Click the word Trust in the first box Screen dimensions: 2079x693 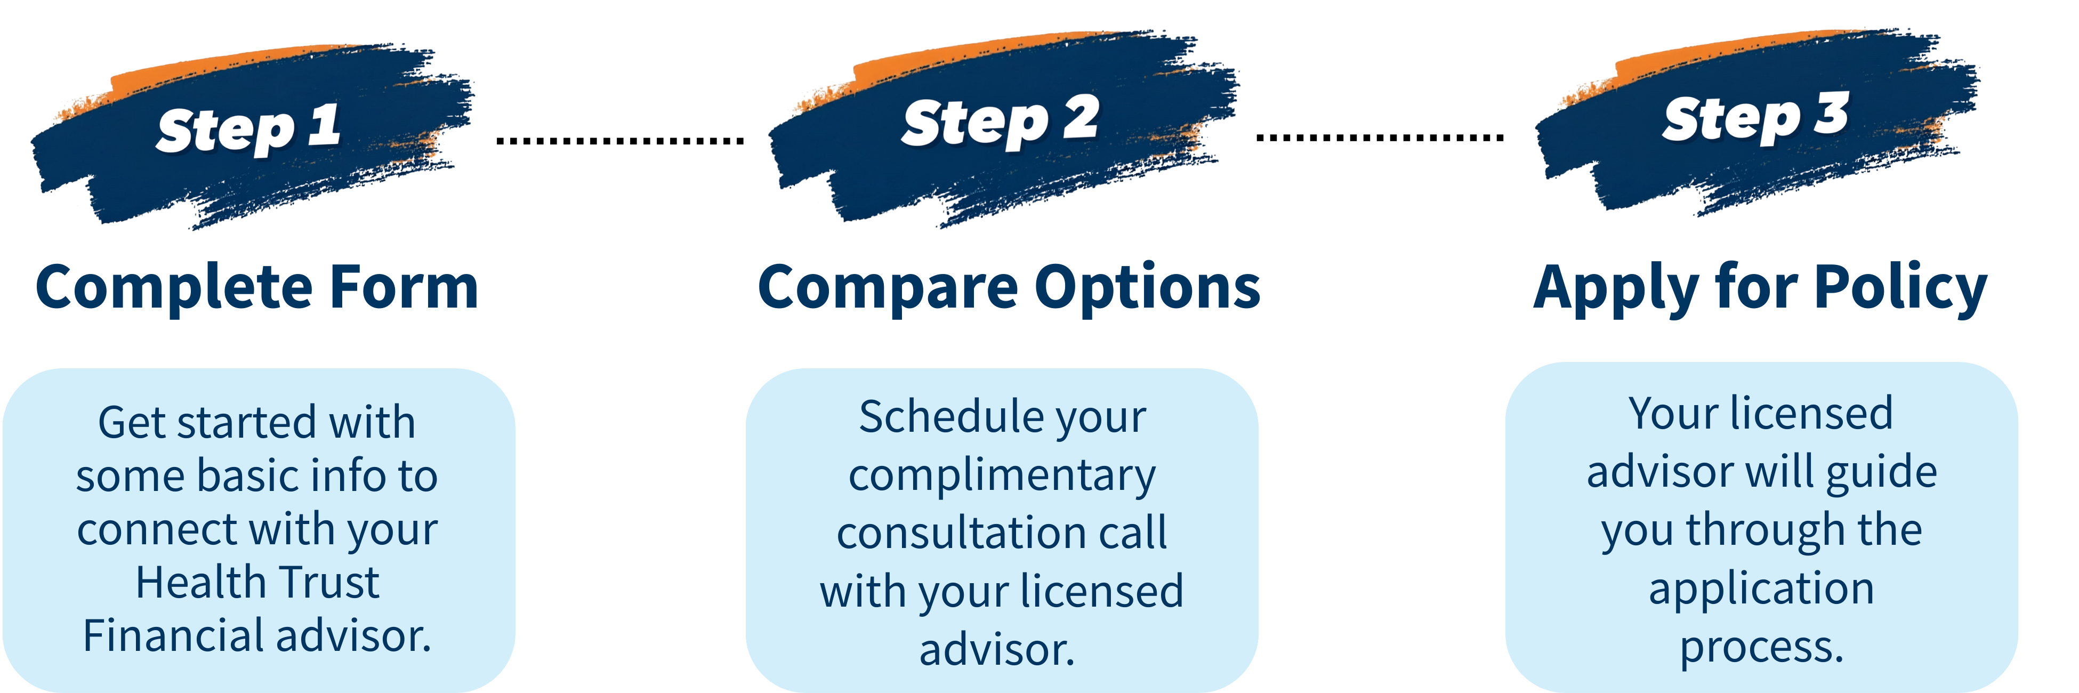pos(333,583)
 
